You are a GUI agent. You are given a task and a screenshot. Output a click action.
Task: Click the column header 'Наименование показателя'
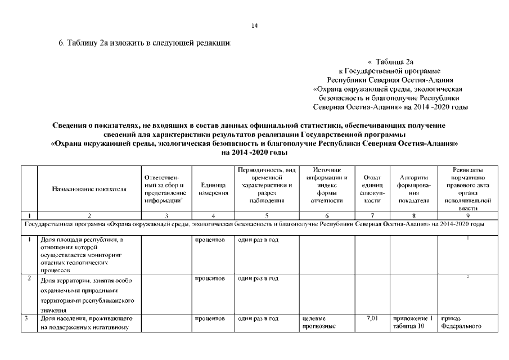click(89, 189)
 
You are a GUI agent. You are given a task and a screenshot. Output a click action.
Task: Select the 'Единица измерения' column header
click(213, 188)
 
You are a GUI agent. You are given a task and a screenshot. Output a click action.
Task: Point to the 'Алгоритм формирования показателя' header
click(413, 188)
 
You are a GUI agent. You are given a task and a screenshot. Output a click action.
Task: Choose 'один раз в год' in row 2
click(258, 278)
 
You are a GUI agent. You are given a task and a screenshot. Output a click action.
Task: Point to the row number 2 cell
click(29, 278)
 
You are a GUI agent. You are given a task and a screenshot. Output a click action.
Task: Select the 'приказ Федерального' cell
click(462, 322)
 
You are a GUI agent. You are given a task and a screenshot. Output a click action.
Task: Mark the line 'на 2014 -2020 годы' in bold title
click(254, 152)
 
